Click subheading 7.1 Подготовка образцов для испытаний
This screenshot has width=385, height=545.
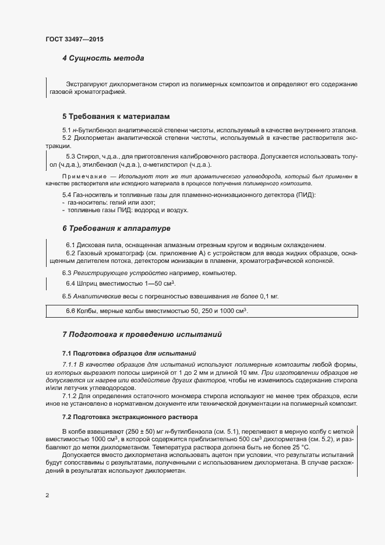tap(129, 353)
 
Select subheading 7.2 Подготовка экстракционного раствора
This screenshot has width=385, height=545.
tap(130, 417)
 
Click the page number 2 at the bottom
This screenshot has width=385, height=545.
tap(47, 495)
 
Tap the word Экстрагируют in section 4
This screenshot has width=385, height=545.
tap(86, 85)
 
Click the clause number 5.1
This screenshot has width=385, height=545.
tap(66, 129)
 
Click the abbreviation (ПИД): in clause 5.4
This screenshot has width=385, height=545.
tap(306, 194)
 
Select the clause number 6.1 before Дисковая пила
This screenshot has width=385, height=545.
tap(70, 245)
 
